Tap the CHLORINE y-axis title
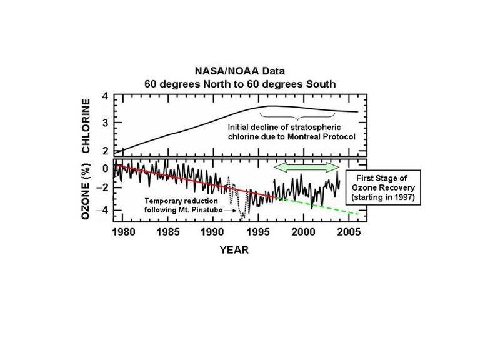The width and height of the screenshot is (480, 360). tap(87, 126)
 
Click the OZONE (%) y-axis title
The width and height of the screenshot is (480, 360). tap(87, 192)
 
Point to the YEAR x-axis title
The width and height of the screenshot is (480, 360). tap(233, 251)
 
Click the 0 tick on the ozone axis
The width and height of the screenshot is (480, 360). tap(106, 168)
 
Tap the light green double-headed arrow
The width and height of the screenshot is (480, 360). tap(307, 167)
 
